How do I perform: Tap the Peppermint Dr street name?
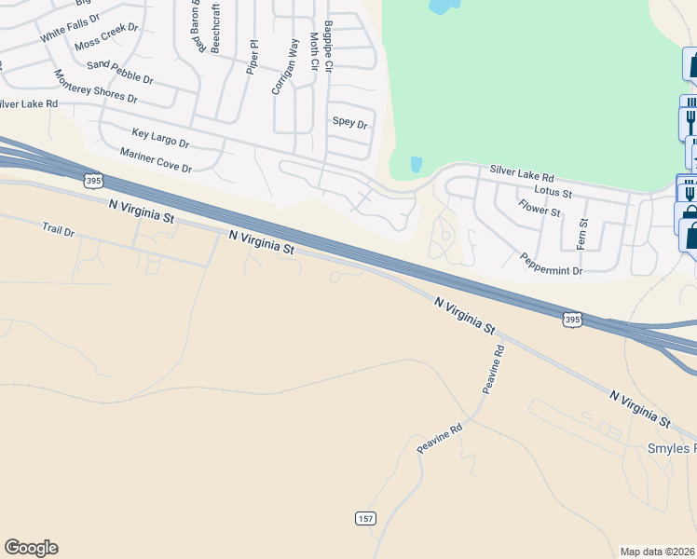pyautogui.click(x=551, y=264)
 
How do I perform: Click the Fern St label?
pyautogui.click(x=584, y=234)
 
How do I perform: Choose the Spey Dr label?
pyautogui.click(x=350, y=123)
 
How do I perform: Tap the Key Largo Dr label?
pyautogui.click(x=160, y=140)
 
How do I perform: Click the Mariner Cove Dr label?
pyautogui.click(x=156, y=160)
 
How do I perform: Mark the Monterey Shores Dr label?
pyautogui.click(x=95, y=87)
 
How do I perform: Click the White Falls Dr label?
pyautogui.click(x=69, y=29)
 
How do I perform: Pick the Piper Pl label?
pyautogui.click(x=252, y=57)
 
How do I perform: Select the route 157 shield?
pyautogui.click(x=365, y=518)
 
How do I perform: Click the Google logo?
pyautogui.click(x=31, y=548)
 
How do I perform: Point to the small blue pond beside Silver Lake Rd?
pyautogui.click(x=416, y=165)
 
